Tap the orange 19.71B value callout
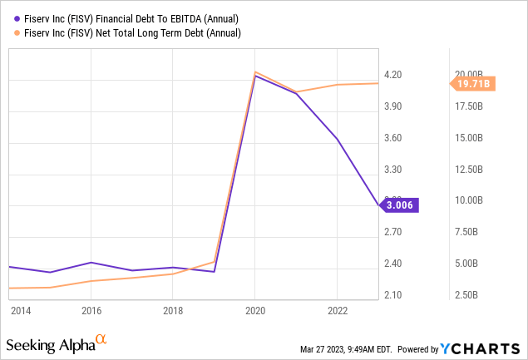(x=472, y=83)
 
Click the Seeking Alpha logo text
(x=50, y=344)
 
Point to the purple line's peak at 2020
(x=254, y=76)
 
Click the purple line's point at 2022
(x=336, y=139)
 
